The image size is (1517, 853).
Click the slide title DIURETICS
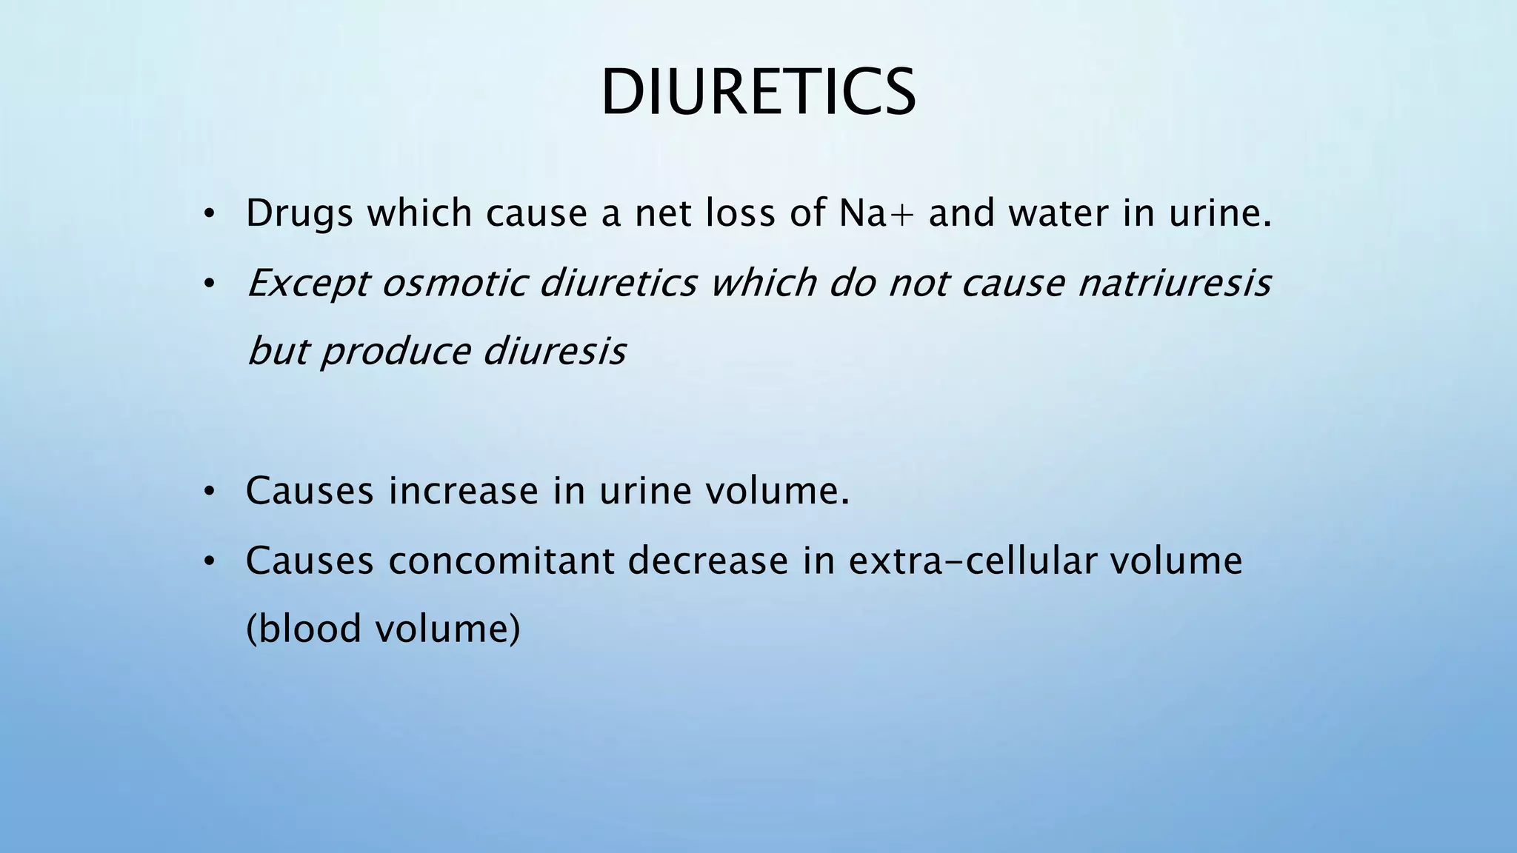(x=758, y=93)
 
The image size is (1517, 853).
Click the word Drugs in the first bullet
(x=299, y=214)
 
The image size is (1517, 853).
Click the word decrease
(x=708, y=561)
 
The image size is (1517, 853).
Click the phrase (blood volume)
(x=383, y=629)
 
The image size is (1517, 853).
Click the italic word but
(x=277, y=352)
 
